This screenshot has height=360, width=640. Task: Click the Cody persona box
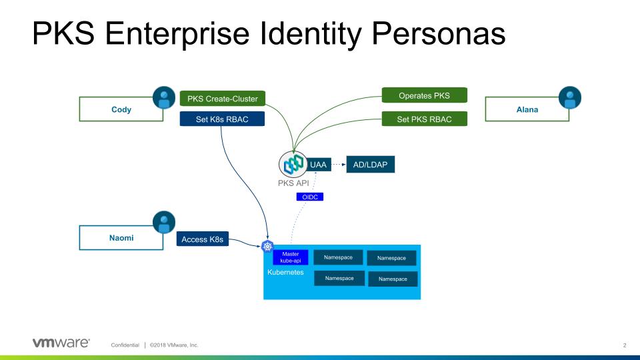(121, 109)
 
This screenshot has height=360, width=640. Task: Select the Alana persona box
(527, 109)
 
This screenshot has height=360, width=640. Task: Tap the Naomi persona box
(121, 237)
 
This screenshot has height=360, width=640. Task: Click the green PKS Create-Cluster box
(223, 99)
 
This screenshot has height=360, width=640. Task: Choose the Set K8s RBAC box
(223, 120)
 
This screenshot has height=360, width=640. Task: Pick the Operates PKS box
(424, 95)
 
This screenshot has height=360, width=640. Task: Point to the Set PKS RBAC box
(424, 119)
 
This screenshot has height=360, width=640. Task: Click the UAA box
(318, 163)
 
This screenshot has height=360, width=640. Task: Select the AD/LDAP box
(370, 163)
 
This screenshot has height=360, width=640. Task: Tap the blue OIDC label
(309, 197)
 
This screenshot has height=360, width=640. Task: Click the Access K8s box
(203, 238)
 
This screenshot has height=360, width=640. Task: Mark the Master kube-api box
(291, 257)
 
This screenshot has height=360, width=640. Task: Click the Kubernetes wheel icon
(269, 247)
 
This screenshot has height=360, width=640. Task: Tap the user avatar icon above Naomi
(163, 223)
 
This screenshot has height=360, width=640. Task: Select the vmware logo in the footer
(61, 343)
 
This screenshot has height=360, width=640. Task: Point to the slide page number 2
(625, 345)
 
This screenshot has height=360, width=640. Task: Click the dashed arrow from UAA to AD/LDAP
(339, 163)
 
